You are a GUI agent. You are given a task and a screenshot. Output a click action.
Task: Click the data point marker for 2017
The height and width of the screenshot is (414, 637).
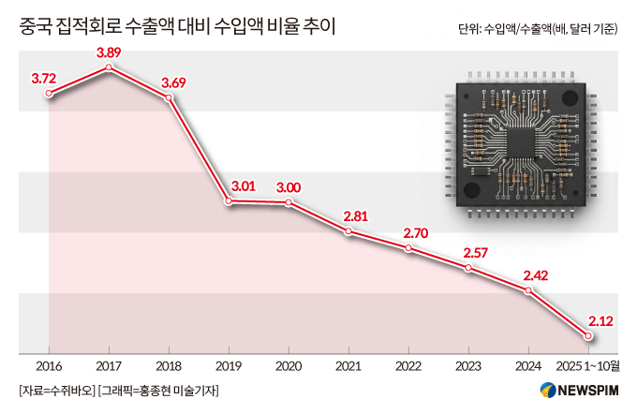coord(110,67)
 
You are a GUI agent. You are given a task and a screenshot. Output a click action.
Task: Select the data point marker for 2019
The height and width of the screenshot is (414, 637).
coord(230,200)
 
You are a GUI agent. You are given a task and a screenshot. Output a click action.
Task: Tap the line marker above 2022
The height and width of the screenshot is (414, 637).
coord(408,248)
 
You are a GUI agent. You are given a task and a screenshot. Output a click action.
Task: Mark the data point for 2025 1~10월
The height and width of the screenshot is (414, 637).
coord(588,335)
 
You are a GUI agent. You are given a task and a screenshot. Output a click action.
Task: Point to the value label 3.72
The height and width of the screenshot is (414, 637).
coord(44,78)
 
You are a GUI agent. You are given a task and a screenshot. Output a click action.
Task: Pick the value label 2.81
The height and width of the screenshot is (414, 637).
coord(356,214)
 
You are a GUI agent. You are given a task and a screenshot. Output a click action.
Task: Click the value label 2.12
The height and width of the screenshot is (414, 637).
coord(600,320)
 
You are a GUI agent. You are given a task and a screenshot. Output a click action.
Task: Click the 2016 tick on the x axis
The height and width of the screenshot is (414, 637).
coord(49,365)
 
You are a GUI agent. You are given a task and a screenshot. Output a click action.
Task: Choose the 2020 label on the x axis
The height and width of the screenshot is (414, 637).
coord(289,365)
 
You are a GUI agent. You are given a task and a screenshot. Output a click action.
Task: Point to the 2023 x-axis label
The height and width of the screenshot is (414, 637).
coord(468,365)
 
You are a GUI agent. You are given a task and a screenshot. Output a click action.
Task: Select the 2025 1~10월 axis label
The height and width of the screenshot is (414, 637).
coord(587,365)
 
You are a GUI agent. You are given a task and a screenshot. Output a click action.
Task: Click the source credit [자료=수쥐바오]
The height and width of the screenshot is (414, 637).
coord(55,390)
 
